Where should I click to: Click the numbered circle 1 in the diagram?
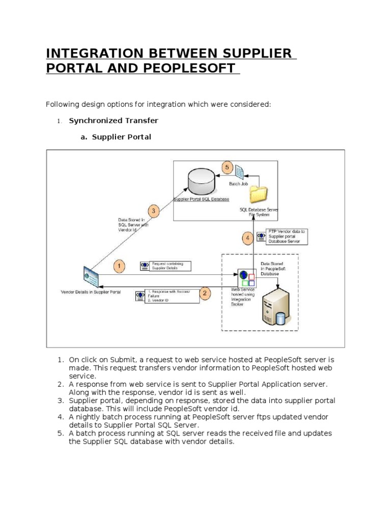(118, 266)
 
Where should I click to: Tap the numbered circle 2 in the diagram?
(205, 293)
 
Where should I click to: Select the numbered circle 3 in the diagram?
(154, 210)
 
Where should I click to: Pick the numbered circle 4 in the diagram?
(248, 238)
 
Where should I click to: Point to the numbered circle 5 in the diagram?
(228, 167)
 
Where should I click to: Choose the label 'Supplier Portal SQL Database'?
(202, 199)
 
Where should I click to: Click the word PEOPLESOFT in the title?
(184, 68)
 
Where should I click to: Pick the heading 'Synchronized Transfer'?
(114, 121)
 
